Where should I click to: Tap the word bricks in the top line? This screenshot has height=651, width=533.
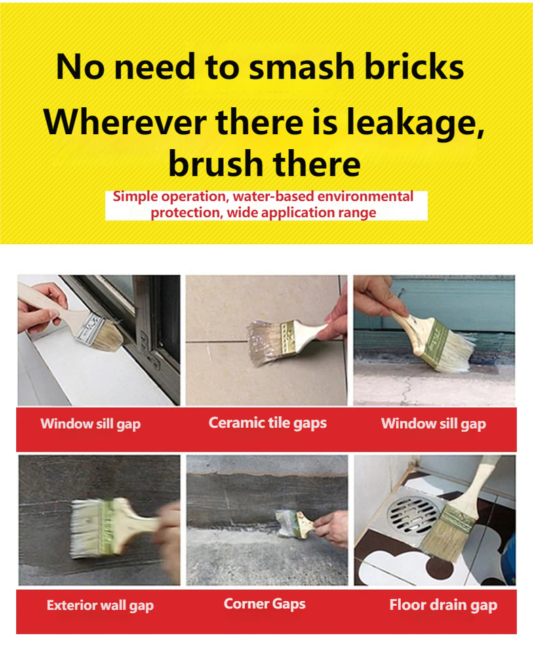(x=414, y=66)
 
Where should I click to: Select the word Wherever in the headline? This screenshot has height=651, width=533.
(x=125, y=122)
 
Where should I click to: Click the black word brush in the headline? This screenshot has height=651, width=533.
(x=216, y=163)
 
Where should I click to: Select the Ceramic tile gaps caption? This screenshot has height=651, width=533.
(x=268, y=423)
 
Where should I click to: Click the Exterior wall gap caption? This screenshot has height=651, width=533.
(x=100, y=606)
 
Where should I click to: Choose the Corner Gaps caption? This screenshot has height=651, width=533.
(x=264, y=604)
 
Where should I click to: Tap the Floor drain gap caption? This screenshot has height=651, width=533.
(x=443, y=605)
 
